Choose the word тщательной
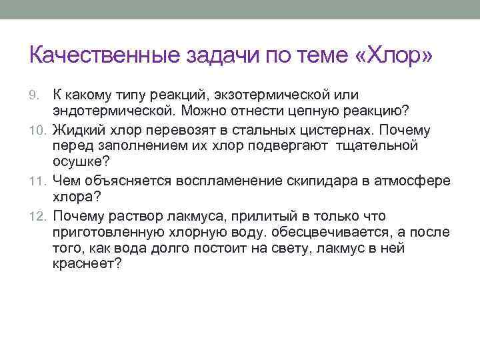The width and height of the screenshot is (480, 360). click(377, 146)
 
